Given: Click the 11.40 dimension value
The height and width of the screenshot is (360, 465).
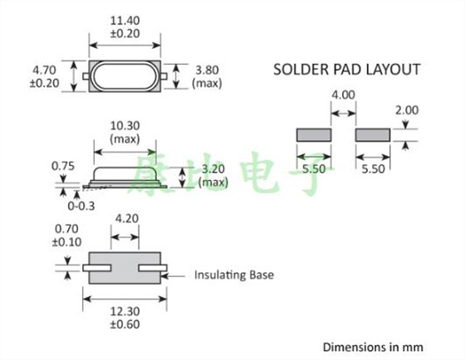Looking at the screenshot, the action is coord(125,21).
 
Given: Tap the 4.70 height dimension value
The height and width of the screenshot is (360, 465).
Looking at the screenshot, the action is coord(44,71).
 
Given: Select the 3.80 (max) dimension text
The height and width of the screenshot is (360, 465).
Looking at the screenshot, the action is coord(207,77).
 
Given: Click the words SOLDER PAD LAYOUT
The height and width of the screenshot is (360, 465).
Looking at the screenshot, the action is coord(347,70).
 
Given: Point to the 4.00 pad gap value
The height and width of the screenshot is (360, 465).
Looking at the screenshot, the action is coord(343,95).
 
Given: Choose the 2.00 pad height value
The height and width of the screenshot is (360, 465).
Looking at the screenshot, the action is coord(407,110).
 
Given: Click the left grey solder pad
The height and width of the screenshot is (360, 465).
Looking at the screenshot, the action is coord(314,135).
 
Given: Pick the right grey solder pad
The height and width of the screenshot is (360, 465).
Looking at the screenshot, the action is coord(373,135).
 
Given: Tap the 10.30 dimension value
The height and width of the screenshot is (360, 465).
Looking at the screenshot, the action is coord(125,125).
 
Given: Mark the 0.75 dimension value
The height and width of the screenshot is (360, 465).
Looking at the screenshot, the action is coord(63,166).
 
